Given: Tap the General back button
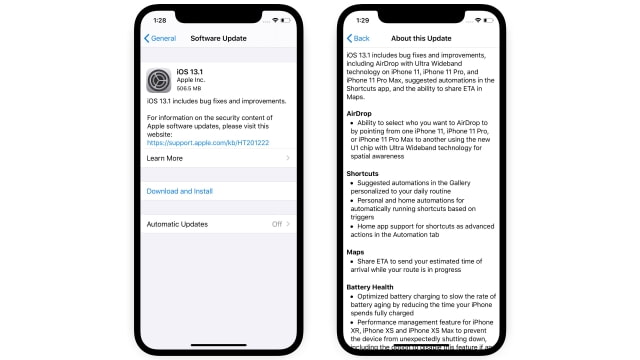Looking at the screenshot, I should click(x=161, y=39).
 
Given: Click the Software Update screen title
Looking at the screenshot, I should click(x=218, y=39).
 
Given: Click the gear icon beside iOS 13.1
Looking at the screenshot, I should click(x=159, y=80).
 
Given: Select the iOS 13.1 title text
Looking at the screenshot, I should click(x=191, y=72).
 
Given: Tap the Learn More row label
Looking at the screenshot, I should click(x=164, y=158).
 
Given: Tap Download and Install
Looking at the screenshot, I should click(x=179, y=191).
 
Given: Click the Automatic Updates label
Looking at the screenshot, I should click(x=177, y=224).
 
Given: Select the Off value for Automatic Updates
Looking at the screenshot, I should click(x=277, y=224).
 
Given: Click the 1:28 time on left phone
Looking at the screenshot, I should click(x=160, y=19).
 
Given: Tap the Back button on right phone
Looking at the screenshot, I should click(x=358, y=39).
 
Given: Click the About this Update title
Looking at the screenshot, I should click(x=423, y=39).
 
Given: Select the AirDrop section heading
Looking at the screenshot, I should click(x=359, y=114).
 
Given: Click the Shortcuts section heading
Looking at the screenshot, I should click(x=362, y=173).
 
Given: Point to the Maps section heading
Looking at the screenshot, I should click(x=355, y=252).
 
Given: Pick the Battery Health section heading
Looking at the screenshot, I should click(x=371, y=287).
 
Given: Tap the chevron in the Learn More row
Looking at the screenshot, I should click(x=288, y=158).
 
